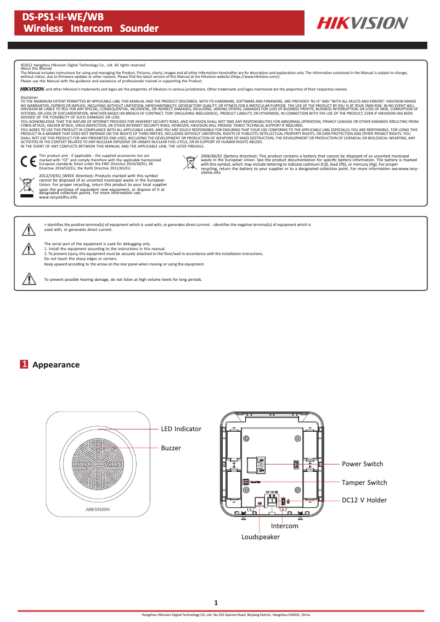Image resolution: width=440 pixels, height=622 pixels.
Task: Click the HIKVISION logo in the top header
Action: pyautogui.click(x=362, y=22)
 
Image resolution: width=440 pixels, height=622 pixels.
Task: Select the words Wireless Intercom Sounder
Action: pyautogui.click(x=91, y=28)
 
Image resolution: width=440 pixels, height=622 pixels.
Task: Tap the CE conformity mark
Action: pyautogui.click(x=27, y=162)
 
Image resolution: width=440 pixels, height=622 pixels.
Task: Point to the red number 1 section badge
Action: pyautogui.click(x=24, y=365)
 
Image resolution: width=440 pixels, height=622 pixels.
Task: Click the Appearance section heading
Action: pyautogui.click(x=56, y=365)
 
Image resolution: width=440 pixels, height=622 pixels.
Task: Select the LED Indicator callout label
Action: pyautogui.click(x=181, y=428)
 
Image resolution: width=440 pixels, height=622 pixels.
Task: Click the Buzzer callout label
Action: pyautogui.click(x=171, y=448)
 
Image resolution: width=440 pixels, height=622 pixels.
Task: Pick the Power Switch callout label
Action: pyautogui.click(x=362, y=464)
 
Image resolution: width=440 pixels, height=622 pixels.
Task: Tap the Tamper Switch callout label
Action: pyautogui.click(x=364, y=483)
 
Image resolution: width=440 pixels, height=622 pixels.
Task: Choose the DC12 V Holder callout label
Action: pyautogui.click(x=364, y=500)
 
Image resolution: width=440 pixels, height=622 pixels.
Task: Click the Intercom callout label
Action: pyautogui.click(x=284, y=526)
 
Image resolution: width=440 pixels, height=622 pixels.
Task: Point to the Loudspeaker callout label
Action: pyautogui.click(x=261, y=537)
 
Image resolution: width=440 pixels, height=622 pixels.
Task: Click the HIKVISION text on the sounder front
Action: pyautogui.click(x=98, y=509)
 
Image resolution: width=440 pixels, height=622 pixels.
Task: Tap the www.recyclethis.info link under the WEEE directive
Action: pyautogui.click(x=58, y=197)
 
